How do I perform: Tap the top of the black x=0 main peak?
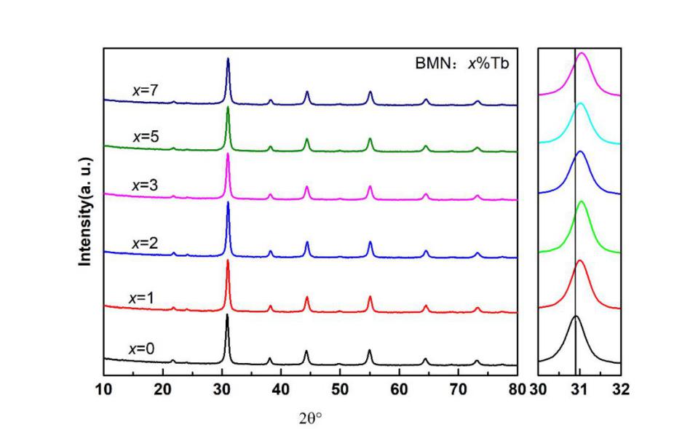[227, 315]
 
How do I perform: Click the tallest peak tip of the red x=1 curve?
[228, 260]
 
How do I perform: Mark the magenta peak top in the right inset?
[581, 52]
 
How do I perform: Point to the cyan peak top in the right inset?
[580, 103]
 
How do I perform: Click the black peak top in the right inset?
[576, 316]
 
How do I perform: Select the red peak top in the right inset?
[580, 260]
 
